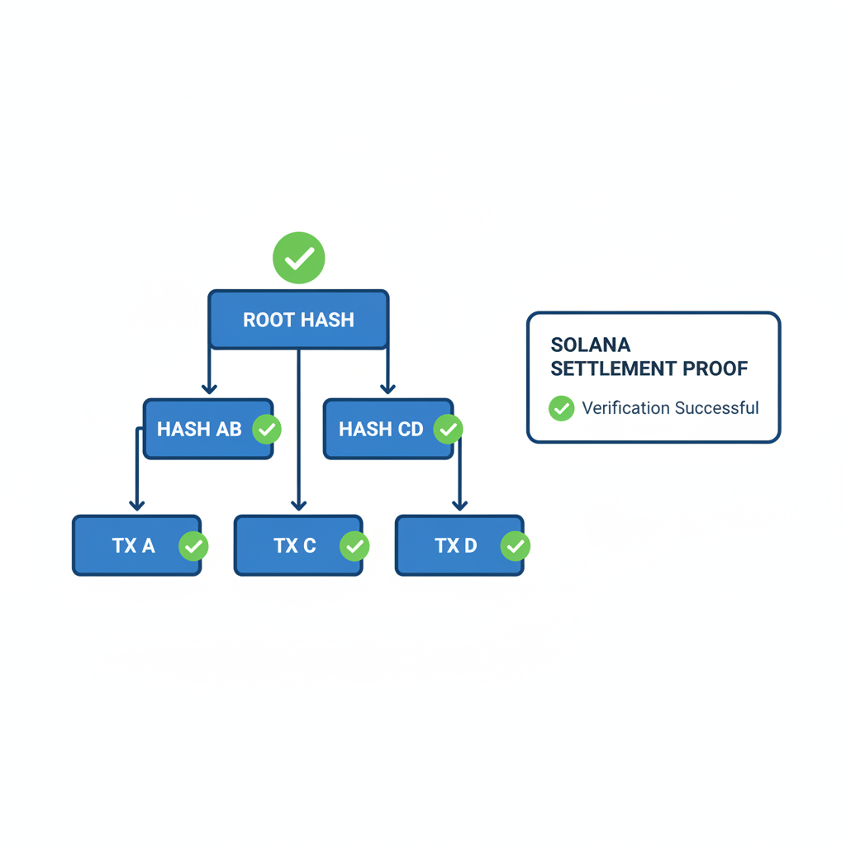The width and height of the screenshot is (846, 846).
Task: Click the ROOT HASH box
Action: point(298,320)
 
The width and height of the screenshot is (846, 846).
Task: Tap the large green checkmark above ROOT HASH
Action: point(299,258)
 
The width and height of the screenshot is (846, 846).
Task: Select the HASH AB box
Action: point(199,430)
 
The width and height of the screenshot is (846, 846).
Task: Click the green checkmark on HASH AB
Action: point(267,430)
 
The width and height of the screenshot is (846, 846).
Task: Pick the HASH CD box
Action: point(381,430)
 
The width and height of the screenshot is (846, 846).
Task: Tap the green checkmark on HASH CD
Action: point(449,430)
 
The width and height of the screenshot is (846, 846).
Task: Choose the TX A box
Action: point(134,546)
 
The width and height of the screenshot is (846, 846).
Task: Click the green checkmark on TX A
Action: point(194,546)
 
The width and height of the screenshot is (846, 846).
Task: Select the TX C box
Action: point(295,546)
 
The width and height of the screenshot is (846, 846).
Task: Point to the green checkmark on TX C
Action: point(355,546)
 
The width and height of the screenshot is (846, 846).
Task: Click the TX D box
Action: point(456,546)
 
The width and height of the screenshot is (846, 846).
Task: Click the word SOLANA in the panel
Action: point(591,345)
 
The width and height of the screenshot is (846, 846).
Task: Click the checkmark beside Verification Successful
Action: point(562,408)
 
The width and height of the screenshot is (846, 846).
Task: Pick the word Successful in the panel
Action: point(716,408)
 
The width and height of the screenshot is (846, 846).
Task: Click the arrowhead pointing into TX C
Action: point(299,505)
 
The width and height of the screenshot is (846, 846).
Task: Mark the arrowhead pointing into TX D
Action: point(460,505)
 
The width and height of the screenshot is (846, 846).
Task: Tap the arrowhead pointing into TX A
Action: point(137,505)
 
